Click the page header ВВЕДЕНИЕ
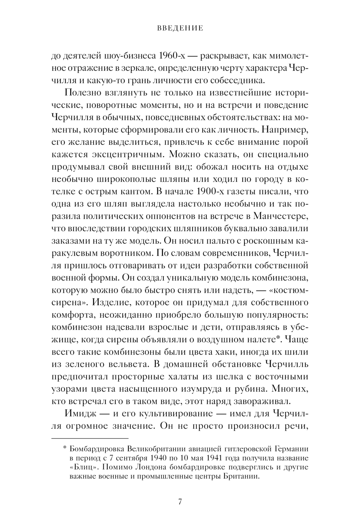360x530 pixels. (180, 28)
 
